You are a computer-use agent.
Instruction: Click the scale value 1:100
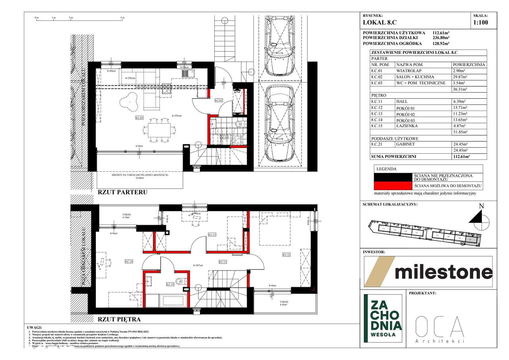click(x=480, y=23)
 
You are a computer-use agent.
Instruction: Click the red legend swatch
click(x=392, y=186)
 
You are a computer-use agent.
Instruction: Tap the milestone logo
click(x=428, y=272)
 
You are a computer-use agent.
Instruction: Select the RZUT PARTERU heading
click(x=122, y=192)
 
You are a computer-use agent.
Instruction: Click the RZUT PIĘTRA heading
click(x=119, y=319)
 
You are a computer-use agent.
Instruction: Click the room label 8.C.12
click(x=286, y=255)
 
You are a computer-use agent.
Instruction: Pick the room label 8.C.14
click(x=128, y=261)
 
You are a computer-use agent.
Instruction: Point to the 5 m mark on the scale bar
click(x=122, y=18)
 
